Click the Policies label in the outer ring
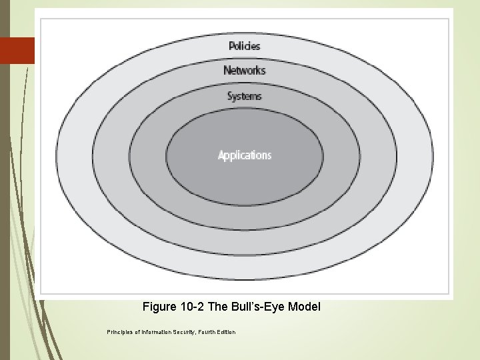(x=244, y=46)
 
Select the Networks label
(x=244, y=70)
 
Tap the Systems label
(x=244, y=96)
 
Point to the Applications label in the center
(x=245, y=155)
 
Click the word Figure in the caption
(x=159, y=307)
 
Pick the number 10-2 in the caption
(x=193, y=307)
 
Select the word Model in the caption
(x=306, y=307)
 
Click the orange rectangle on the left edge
(x=17, y=50)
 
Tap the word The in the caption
(x=218, y=307)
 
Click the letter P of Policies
(x=231, y=46)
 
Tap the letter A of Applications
(x=221, y=155)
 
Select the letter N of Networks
(x=227, y=70)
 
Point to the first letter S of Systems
(x=229, y=96)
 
